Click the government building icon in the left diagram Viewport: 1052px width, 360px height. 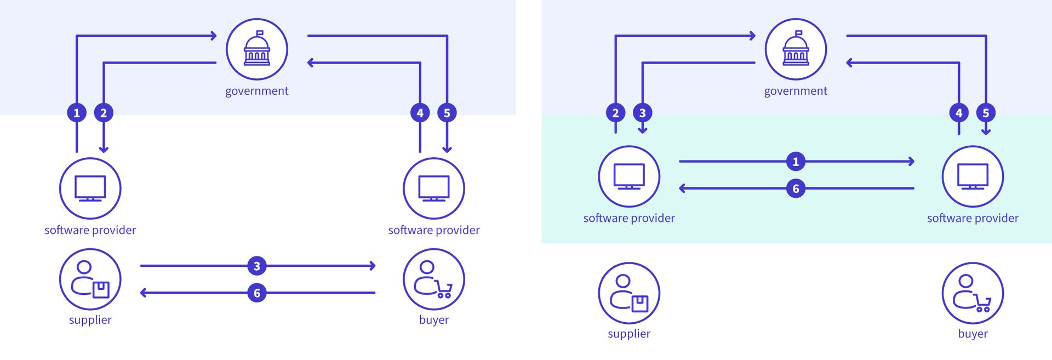[256, 49]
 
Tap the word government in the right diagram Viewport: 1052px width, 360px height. [795, 91]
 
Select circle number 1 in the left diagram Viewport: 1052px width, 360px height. [77, 113]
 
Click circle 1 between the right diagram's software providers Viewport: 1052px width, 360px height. [796, 162]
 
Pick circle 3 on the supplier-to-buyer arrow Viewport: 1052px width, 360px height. [256, 266]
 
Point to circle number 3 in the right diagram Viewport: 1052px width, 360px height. [643, 113]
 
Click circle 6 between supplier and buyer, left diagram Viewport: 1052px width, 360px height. [256, 293]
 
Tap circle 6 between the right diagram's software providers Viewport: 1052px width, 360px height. [796, 188]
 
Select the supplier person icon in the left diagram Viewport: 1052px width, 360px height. [90, 279]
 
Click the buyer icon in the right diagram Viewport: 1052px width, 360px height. [973, 293]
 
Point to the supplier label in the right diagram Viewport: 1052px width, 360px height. [628, 334]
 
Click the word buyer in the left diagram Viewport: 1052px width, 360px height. [433, 320]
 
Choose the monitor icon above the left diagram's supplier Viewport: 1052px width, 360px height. [90, 188]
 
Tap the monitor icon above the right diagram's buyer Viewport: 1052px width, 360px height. [973, 176]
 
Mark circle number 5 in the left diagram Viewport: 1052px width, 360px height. [447, 113]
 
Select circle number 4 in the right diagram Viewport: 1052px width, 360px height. [959, 113]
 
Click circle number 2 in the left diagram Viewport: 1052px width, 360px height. [104, 113]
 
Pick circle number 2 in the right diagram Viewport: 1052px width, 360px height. [615, 113]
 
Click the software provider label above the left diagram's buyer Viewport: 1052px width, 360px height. [433, 230]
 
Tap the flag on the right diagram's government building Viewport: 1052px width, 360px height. [799, 33]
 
